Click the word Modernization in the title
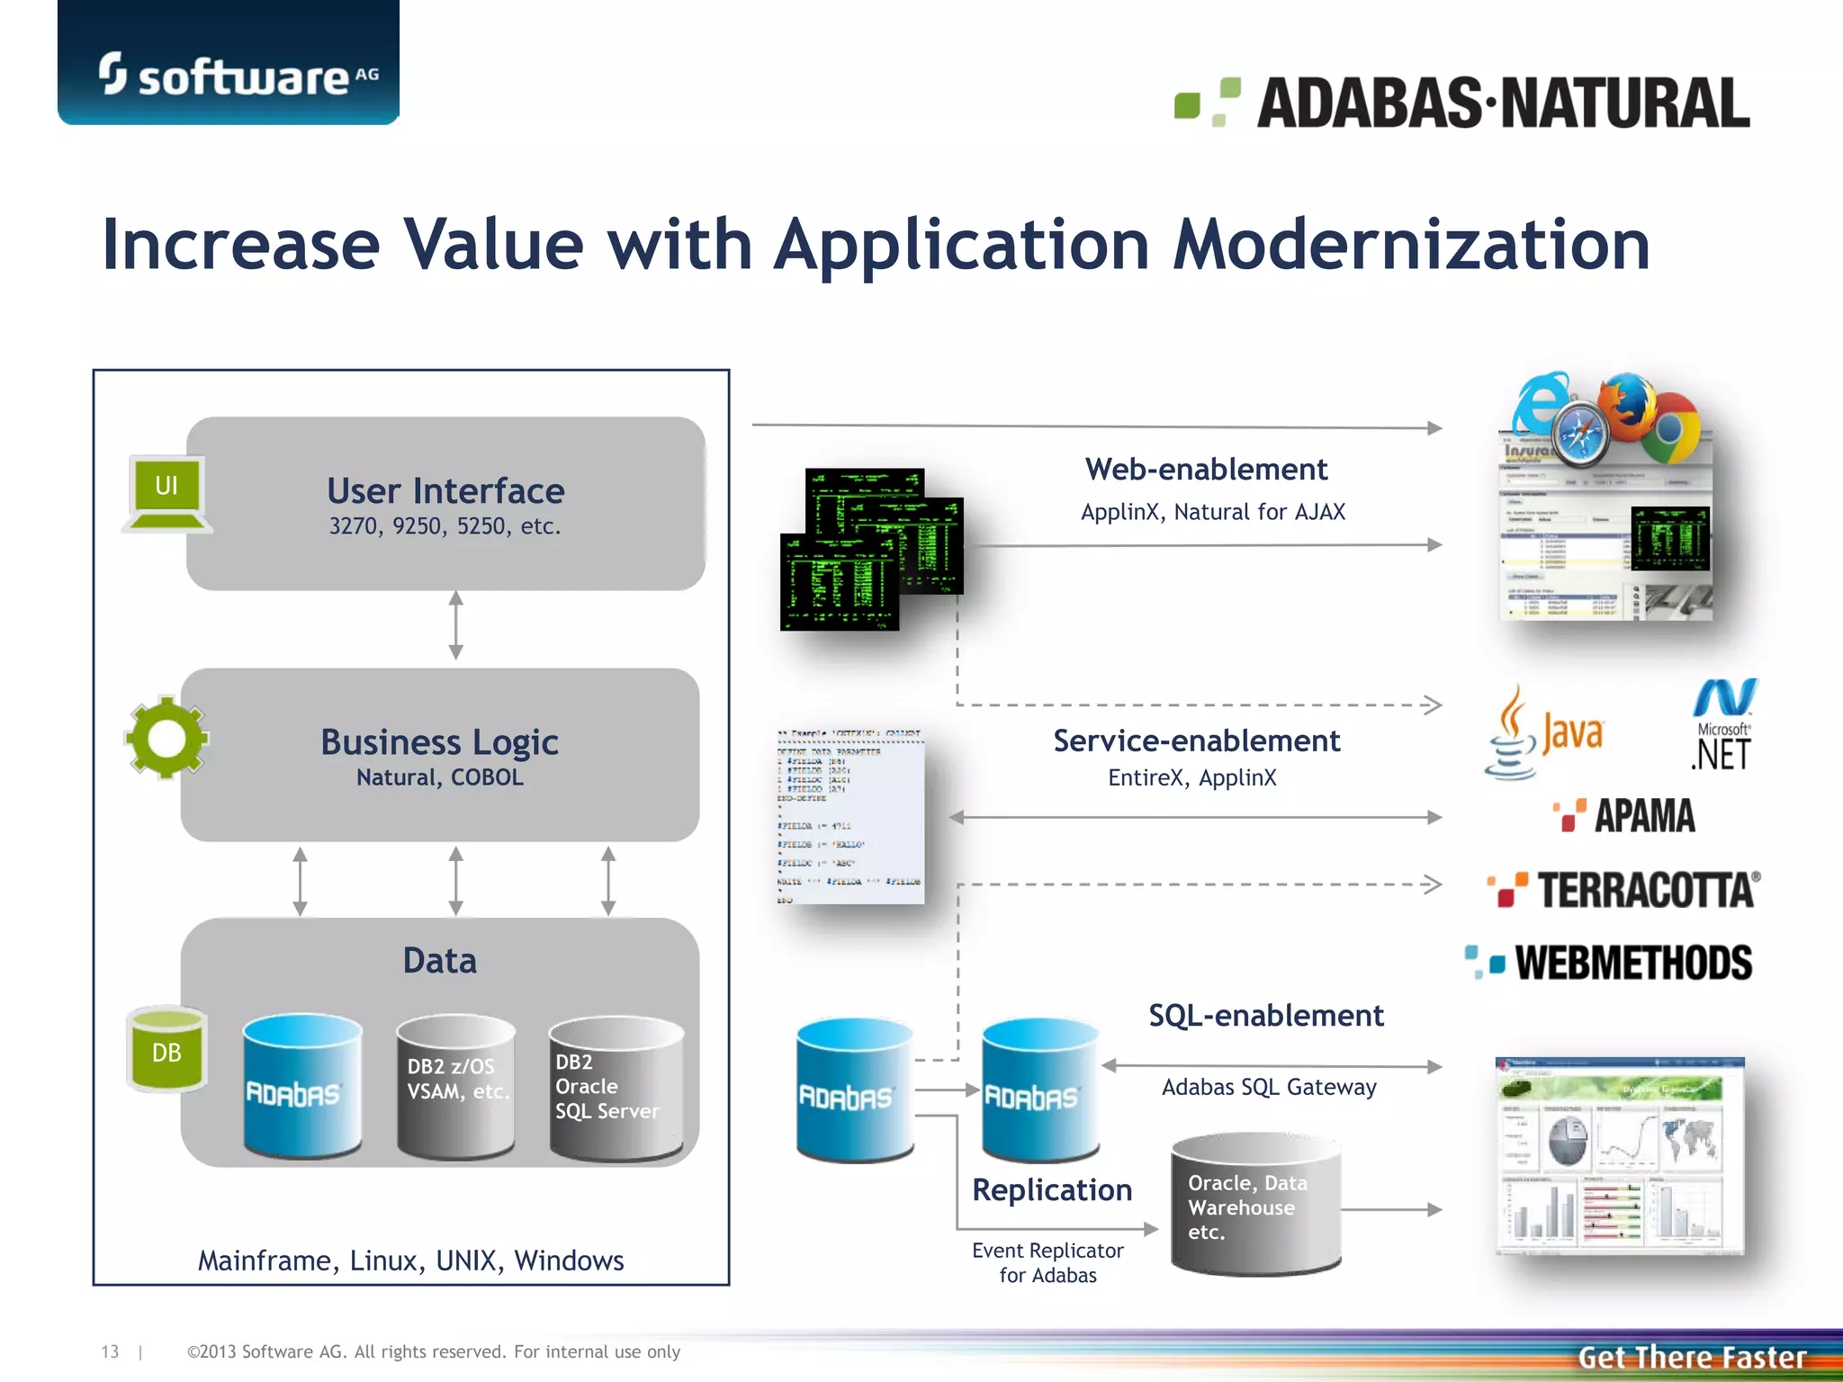1410,245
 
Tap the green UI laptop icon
167,494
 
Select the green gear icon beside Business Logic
166,738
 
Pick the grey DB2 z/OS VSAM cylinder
456,1086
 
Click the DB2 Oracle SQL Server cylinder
616,1088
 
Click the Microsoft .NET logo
1723,726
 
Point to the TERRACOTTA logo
1624,890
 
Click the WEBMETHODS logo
1610,963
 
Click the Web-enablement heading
1205,470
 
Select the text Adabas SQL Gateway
1268,1087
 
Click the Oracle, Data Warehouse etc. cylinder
1255,1206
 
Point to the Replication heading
1051,1189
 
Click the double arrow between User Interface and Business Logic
456,625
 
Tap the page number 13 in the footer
110,1351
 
